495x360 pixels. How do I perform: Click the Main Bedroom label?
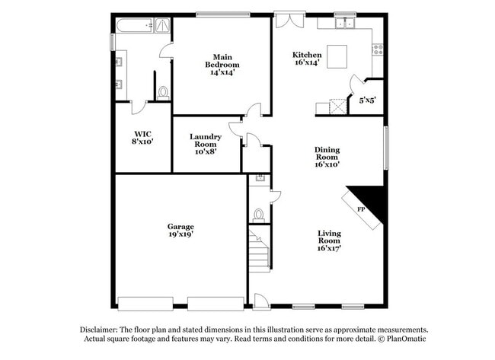tap(222, 65)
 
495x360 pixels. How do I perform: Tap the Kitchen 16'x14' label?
tap(307, 59)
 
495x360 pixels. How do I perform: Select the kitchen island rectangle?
tap(337, 56)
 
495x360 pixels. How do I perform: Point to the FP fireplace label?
tap(361, 209)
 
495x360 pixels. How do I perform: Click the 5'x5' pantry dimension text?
tap(368, 100)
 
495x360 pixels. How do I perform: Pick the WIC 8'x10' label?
tap(142, 138)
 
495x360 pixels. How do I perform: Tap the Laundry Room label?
tap(206, 144)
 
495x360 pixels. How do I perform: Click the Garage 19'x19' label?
tap(180, 231)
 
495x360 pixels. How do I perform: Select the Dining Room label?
tap(327, 157)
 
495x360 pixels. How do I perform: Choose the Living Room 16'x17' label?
tap(329, 241)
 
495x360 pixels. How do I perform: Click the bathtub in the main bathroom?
tap(135, 26)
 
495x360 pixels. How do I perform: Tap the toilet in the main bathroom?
tap(163, 93)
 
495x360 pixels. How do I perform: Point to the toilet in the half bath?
tap(259, 216)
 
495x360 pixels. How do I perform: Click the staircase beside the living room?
tap(260, 251)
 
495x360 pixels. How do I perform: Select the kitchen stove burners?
tap(378, 49)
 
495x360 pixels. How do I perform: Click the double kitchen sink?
tap(345, 23)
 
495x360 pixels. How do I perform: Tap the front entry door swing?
tap(261, 301)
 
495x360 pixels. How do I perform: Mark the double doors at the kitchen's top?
tap(290, 21)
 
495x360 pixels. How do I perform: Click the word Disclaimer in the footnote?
tap(99, 330)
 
